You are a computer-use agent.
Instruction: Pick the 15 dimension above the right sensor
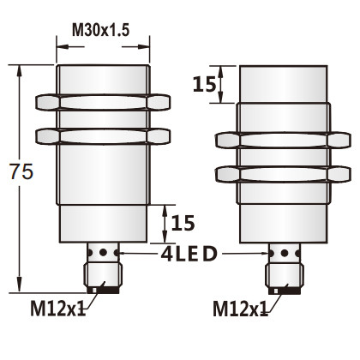[x=203, y=84]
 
